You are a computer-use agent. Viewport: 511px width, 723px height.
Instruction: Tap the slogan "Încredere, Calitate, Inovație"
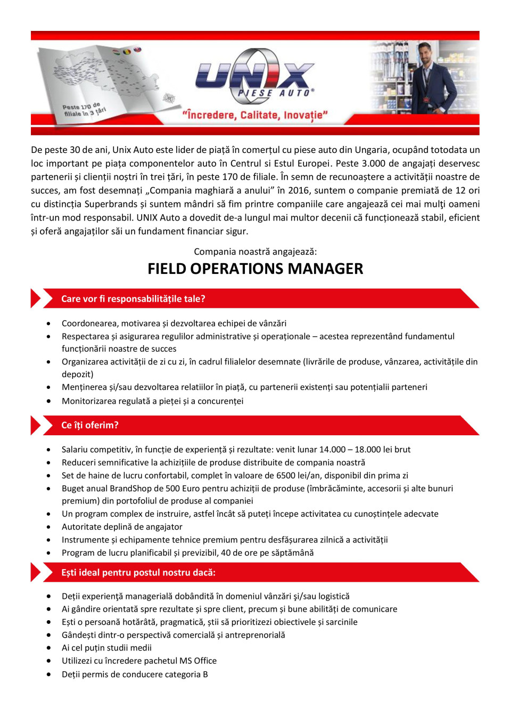coord(255,115)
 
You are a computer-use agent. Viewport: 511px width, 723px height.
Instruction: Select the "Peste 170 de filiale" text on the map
coord(84,110)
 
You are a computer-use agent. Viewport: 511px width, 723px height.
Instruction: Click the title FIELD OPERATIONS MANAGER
coord(255,269)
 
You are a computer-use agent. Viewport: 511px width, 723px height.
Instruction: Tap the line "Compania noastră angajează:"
coord(255,251)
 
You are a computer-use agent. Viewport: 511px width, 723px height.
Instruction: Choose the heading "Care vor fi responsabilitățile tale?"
coord(133,299)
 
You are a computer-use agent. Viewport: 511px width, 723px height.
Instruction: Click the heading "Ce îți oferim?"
coord(90,425)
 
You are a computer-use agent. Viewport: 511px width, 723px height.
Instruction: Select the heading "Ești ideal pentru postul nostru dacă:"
coord(138,573)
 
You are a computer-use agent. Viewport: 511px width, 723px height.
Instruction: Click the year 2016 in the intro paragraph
coord(299,190)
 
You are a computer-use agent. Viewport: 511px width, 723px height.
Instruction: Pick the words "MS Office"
coord(198,661)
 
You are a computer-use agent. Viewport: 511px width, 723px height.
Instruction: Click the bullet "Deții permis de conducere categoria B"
coord(135,674)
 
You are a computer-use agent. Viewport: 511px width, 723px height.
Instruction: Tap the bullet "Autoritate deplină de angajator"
coord(122,526)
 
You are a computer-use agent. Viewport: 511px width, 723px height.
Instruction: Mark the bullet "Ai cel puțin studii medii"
coord(106,648)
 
